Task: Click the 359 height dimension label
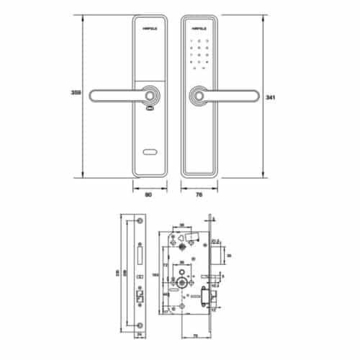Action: (x=76, y=94)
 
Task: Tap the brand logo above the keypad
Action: (x=197, y=30)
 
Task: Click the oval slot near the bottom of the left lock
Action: (x=150, y=152)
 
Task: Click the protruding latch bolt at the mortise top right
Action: (x=219, y=252)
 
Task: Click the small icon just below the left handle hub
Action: (x=149, y=109)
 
